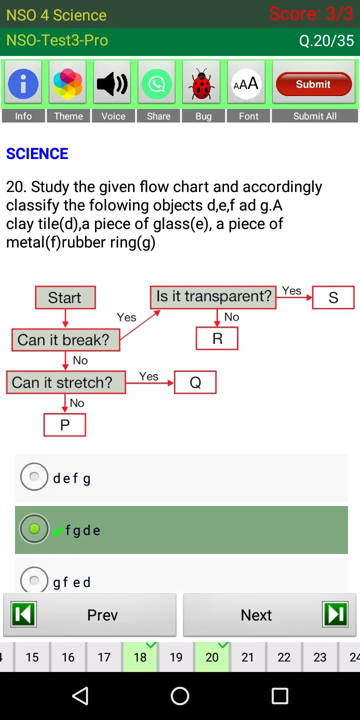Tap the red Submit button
[313, 84]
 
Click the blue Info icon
[23, 82]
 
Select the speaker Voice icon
[112, 83]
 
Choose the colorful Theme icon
[68, 83]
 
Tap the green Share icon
[157, 83]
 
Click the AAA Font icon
[246, 83]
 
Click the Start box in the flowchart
[65, 297]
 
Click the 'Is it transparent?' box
[213, 296]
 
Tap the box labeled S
[333, 298]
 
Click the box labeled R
[217, 338]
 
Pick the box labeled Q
[195, 382]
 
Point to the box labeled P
[64, 425]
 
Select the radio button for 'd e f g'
[34, 477]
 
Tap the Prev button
[90, 615]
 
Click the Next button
[270, 615]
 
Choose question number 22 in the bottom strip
[284, 657]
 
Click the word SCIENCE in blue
[37, 153]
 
